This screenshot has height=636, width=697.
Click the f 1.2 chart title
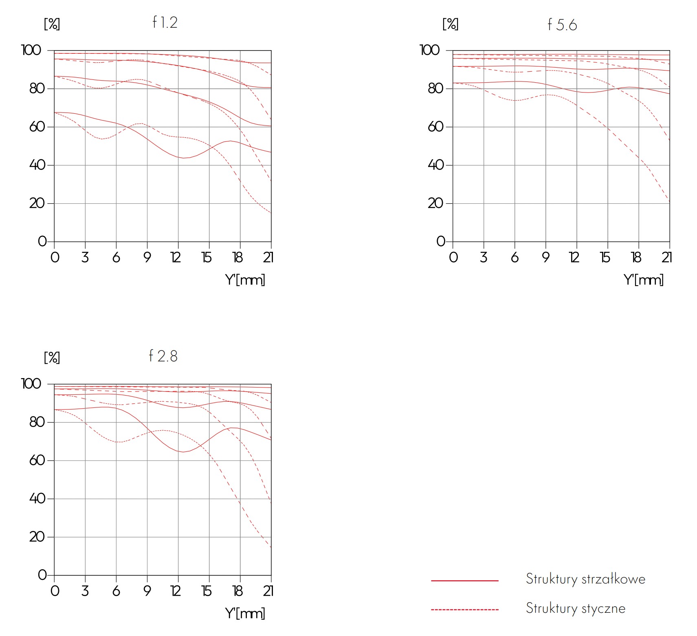tap(165, 22)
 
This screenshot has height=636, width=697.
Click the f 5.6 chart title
tap(562, 25)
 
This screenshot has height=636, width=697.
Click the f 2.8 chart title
tap(163, 356)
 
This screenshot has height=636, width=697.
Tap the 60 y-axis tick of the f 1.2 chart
tap(37, 127)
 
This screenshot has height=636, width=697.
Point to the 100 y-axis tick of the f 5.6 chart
tap(430, 50)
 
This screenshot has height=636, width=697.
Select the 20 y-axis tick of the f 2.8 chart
tap(37, 537)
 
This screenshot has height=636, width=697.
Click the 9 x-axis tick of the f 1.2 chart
tap(147, 257)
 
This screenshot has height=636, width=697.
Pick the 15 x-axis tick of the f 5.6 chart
tap(605, 257)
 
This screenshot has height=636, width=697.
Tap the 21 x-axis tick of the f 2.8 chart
tap(268, 591)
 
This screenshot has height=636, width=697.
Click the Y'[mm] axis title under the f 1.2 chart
tap(245, 280)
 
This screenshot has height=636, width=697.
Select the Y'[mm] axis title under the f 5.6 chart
tap(643, 280)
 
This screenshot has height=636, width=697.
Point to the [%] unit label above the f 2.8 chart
tap(52, 358)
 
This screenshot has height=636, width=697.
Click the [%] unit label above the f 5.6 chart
tap(450, 24)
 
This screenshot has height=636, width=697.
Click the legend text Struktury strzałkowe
tap(585, 579)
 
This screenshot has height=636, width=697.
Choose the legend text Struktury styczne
tap(575, 608)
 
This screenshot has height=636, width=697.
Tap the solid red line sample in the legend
tap(464, 581)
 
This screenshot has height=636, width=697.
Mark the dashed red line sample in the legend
tap(464, 610)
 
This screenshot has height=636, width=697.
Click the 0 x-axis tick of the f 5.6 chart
tap(453, 257)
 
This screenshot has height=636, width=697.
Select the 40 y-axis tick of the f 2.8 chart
tap(37, 498)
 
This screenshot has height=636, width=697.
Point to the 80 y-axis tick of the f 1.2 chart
tap(37, 88)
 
